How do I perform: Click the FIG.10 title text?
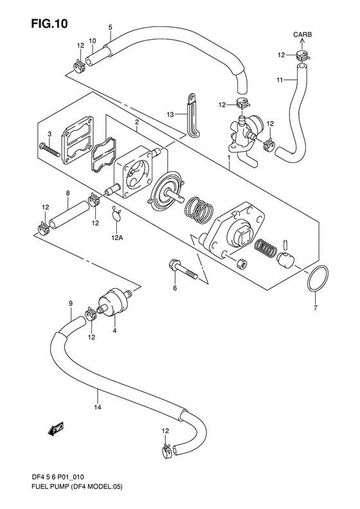click(50, 24)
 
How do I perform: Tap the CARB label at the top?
click(303, 34)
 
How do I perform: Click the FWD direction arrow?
click(55, 429)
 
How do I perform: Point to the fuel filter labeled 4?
click(115, 301)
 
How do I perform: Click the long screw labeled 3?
click(50, 150)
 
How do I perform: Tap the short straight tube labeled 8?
click(69, 215)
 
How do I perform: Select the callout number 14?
click(98, 407)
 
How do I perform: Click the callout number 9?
click(71, 303)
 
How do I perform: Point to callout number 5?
click(111, 27)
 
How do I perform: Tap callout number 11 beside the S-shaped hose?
click(280, 80)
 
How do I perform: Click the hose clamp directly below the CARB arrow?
click(303, 56)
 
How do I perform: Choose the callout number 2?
click(137, 122)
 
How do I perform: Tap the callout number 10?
click(92, 41)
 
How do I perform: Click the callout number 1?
click(229, 158)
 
